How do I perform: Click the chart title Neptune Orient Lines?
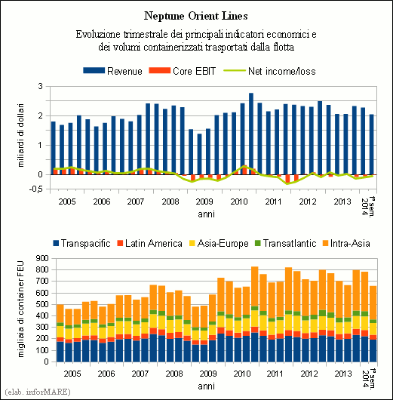(x=196, y=16)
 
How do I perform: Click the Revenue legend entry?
(x=112, y=71)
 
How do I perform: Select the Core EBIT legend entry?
(x=183, y=71)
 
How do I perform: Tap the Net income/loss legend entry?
(x=269, y=71)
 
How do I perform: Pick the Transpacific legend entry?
(x=81, y=243)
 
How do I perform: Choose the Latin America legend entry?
(x=149, y=243)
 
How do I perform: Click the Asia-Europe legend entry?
(x=219, y=243)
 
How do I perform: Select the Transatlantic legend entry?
(x=286, y=243)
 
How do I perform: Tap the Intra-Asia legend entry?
(x=346, y=243)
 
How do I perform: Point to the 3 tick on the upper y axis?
(x=40, y=86)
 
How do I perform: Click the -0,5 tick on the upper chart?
(x=35, y=189)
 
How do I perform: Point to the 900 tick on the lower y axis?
(x=42, y=258)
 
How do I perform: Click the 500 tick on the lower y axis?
(x=42, y=304)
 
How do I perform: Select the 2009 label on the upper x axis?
(x=204, y=202)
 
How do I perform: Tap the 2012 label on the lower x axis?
(x=309, y=374)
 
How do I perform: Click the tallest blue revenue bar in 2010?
(x=251, y=134)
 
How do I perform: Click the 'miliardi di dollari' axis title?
(x=20, y=135)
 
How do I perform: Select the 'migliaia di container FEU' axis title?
(x=20, y=309)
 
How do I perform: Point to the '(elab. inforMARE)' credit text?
(x=37, y=392)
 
